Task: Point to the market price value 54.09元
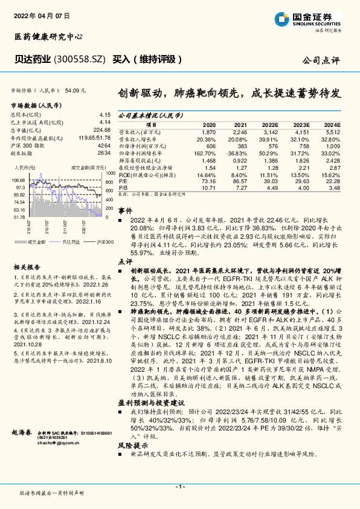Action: coord(76,90)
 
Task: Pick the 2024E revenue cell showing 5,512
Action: coord(333,131)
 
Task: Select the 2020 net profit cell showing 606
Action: coord(210,146)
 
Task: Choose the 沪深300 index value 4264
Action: coord(104,146)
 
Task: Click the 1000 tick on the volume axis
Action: coord(109,173)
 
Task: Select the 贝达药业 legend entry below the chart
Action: coord(70,241)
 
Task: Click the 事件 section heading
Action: coord(124,210)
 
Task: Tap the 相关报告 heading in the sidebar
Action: coord(27,267)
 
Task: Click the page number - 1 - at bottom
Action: coord(179,487)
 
